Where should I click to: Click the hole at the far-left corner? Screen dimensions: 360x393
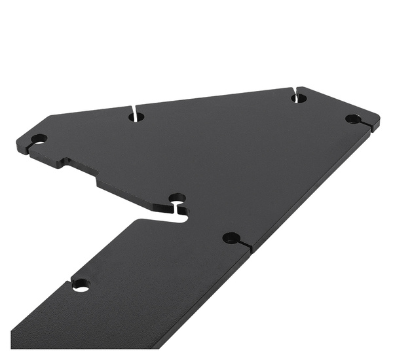click(x=39, y=139)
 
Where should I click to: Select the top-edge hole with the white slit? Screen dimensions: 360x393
click(x=137, y=117)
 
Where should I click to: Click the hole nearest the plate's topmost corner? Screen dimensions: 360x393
click(x=299, y=98)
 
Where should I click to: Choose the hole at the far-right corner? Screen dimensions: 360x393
click(x=353, y=118)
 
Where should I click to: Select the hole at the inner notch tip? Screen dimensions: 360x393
click(x=177, y=197)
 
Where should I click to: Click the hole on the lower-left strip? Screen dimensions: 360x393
click(x=81, y=285)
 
